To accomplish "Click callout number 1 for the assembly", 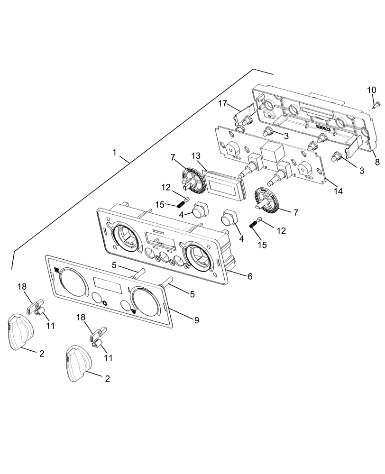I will (114, 153).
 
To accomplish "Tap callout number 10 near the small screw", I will (371, 90).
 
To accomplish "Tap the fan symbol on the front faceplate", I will (56, 270).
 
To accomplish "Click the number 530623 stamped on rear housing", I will (327, 127).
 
